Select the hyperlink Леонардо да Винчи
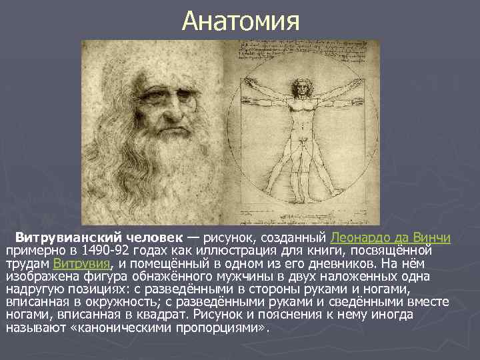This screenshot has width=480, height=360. click(x=391, y=237)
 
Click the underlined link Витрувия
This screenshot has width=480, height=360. click(x=86, y=263)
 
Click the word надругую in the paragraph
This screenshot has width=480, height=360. click(x=31, y=289)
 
